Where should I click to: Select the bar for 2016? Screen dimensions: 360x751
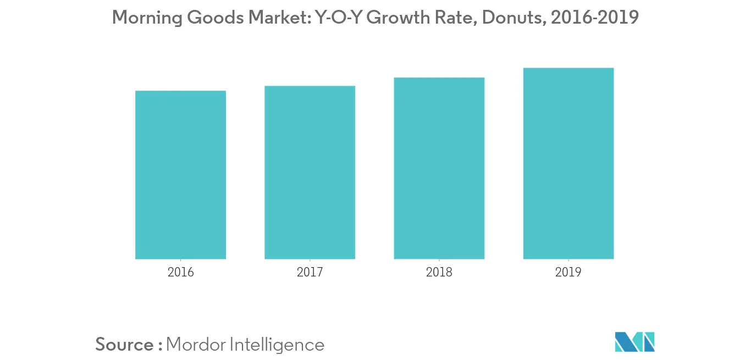pyautogui.click(x=180, y=175)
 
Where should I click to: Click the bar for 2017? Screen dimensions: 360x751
pyautogui.click(x=310, y=173)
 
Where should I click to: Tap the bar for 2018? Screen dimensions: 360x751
pyautogui.click(x=439, y=168)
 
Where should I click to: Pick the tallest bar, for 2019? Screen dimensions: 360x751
pyautogui.click(x=568, y=163)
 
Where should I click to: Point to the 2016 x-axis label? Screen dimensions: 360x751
pyautogui.click(x=180, y=272)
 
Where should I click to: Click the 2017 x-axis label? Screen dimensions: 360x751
pyautogui.click(x=310, y=272)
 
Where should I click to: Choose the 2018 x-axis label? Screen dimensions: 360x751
pyautogui.click(x=439, y=272)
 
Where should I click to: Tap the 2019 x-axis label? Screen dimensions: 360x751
pyautogui.click(x=568, y=272)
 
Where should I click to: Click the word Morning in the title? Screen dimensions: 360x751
pyautogui.click(x=147, y=18)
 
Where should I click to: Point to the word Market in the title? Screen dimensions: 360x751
pyautogui.click(x=277, y=18)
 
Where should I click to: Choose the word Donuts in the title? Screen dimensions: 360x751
pyautogui.click(x=513, y=18)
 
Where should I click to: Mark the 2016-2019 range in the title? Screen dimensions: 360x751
pyautogui.click(x=594, y=18)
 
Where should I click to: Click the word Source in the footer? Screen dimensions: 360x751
pyautogui.click(x=124, y=345)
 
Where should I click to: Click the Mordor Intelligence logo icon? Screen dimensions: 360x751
pyautogui.click(x=635, y=342)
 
